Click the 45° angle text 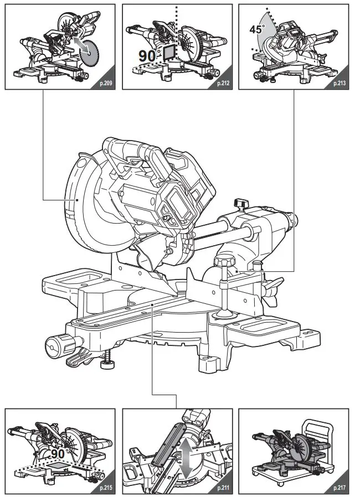[x=256, y=30]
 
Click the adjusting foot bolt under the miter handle [x=107, y=363]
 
